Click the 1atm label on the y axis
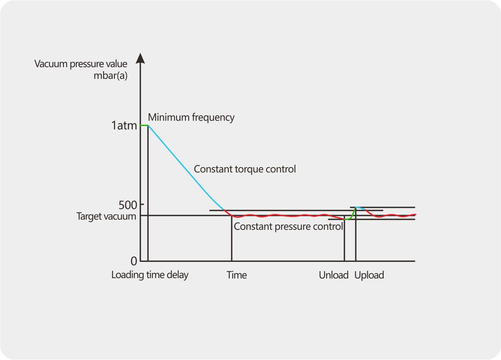click(x=124, y=125)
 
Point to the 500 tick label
click(x=128, y=205)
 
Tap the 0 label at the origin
click(x=134, y=261)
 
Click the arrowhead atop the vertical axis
click(x=140, y=58)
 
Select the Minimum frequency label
click(x=191, y=117)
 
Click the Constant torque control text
click(x=244, y=169)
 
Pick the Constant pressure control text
click(x=288, y=226)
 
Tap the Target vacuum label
click(x=106, y=216)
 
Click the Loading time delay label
click(x=149, y=275)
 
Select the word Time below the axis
click(x=237, y=275)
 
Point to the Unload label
click(x=333, y=275)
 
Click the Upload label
click(x=369, y=275)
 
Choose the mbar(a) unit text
click(x=110, y=75)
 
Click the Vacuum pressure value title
click(x=81, y=64)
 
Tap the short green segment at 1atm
click(x=144, y=125)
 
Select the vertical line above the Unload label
click(x=344, y=242)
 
